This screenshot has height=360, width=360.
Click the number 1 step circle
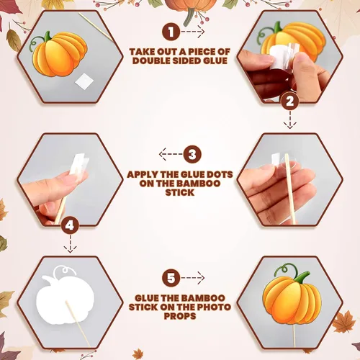point(171,32)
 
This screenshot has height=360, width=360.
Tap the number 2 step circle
point(290,101)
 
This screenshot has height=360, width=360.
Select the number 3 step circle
point(192,154)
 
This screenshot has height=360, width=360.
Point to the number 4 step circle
point(70,225)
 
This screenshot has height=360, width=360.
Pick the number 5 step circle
point(171,278)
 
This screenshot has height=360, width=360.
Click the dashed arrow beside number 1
point(193,32)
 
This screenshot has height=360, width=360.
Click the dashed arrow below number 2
point(290,120)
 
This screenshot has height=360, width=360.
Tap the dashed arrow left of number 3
point(171,154)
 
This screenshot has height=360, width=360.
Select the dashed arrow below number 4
point(70,244)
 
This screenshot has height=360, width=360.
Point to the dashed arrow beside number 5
point(193,278)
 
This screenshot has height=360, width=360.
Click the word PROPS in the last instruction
point(180,316)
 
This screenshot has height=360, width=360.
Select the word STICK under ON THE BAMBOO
point(180,192)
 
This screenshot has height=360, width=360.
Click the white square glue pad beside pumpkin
point(84,81)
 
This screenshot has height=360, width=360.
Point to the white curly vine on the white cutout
point(63,271)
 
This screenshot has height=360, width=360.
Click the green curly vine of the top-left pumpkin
point(37,43)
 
